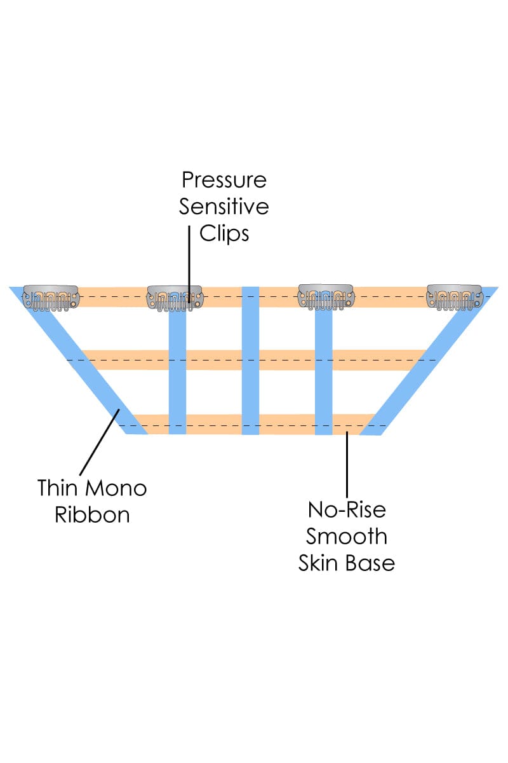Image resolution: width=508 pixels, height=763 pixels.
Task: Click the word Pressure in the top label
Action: (x=224, y=181)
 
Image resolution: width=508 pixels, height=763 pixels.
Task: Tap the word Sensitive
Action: (x=224, y=207)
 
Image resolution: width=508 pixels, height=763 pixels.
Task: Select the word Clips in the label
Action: (x=224, y=233)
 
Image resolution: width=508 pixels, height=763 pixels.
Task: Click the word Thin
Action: (x=60, y=488)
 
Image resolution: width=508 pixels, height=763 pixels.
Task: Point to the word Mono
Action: (x=116, y=488)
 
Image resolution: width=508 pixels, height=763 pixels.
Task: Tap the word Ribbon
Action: (x=92, y=514)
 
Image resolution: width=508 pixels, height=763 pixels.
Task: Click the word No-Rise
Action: (x=347, y=510)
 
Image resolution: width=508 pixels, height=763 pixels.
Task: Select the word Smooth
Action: (x=347, y=536)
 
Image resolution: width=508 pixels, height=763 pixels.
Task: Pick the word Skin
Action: (x=323, y=563)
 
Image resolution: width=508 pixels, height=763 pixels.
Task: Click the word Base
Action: (x=371, y=563)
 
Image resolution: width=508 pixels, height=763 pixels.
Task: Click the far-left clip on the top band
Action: (x=51, y=297)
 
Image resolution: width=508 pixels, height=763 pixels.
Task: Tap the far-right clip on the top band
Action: (x=455, y=297)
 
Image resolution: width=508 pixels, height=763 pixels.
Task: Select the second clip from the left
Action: (x=176, y=298)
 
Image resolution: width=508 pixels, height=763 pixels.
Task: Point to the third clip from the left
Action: (x=326, y=298)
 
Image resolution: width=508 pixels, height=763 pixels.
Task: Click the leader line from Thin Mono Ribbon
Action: (x=98, y=442)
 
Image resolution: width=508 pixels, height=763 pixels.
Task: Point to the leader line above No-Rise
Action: (x=347, y=464)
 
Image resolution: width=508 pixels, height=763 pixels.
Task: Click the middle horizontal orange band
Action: (x=286, y=360)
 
